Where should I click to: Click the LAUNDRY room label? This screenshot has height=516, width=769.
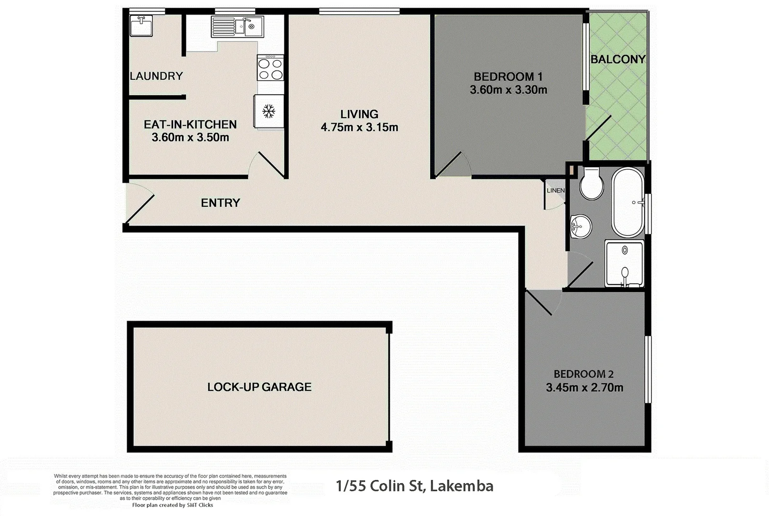(156, 76)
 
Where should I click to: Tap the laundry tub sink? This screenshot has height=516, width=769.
(141, 26)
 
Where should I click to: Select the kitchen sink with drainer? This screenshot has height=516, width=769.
(237, 27)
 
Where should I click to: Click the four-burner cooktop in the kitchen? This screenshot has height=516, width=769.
(270, 68)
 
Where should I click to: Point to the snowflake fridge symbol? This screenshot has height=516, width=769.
(269, 112)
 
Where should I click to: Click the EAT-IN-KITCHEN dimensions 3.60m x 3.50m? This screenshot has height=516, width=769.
(190, 138)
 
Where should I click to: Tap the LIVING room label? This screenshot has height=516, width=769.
(359, 114)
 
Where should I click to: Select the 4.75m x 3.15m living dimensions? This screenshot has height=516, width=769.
(359, 128)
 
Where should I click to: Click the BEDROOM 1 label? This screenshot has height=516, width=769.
(508, 76)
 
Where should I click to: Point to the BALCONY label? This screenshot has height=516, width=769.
(618, 59)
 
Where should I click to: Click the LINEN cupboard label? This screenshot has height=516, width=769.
(555, 191)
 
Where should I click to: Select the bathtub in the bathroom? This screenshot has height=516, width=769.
(628, 202)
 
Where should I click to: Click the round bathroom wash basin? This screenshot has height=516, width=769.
(581, 226)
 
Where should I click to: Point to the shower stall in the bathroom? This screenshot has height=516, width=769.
(624, 263)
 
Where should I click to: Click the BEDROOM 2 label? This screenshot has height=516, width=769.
(584, 374)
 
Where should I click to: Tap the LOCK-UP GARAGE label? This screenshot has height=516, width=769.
(259, 387)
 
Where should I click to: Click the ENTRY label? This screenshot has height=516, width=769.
(220, 203)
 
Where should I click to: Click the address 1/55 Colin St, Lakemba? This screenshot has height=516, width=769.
(414, 486)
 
